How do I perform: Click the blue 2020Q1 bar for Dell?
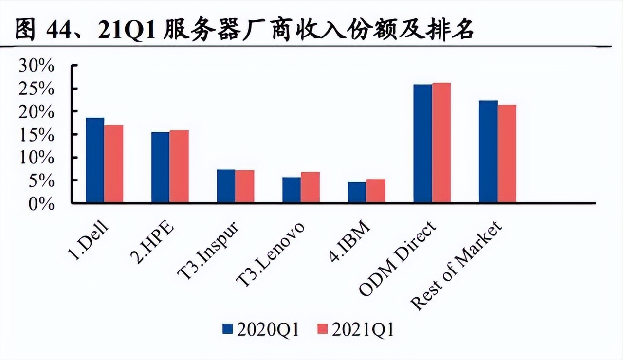(95, 160)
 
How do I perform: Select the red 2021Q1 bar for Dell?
(113, 163)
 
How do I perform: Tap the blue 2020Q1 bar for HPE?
(160, 167)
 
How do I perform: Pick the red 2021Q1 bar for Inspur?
(244, 186)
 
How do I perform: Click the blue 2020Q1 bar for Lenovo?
(291, 190)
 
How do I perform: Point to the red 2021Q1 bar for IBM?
(376, 191)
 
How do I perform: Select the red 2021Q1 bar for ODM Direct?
(441, 143)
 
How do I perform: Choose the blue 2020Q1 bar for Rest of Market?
(488, 151)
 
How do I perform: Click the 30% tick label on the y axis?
(37, 66)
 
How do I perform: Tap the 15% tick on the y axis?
(37, 135)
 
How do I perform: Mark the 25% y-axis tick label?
(37, 89)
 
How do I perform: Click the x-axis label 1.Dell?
(88, 241)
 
